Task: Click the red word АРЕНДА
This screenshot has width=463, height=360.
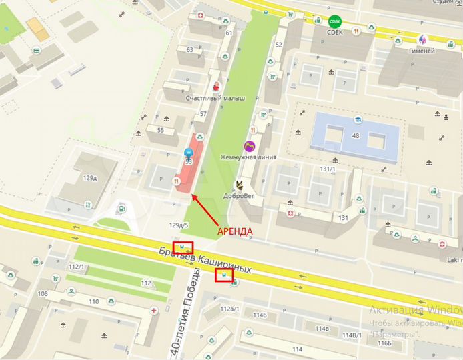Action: [x=236, y=231]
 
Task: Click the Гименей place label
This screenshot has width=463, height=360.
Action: [x=422, y=51]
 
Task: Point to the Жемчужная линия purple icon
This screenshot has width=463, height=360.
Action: [x=249, y=145]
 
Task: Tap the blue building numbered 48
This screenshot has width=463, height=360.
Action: [x=356, y=134]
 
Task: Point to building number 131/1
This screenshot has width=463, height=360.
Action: [x=328, y=169]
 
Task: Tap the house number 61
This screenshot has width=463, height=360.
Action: [x=229, y=33]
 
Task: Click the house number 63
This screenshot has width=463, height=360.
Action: [x=190, y=49]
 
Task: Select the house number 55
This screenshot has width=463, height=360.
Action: [x=161, y=129]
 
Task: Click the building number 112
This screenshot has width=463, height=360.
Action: [x=147, y=282]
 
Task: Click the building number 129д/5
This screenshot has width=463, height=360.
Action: [x=179, y=225]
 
